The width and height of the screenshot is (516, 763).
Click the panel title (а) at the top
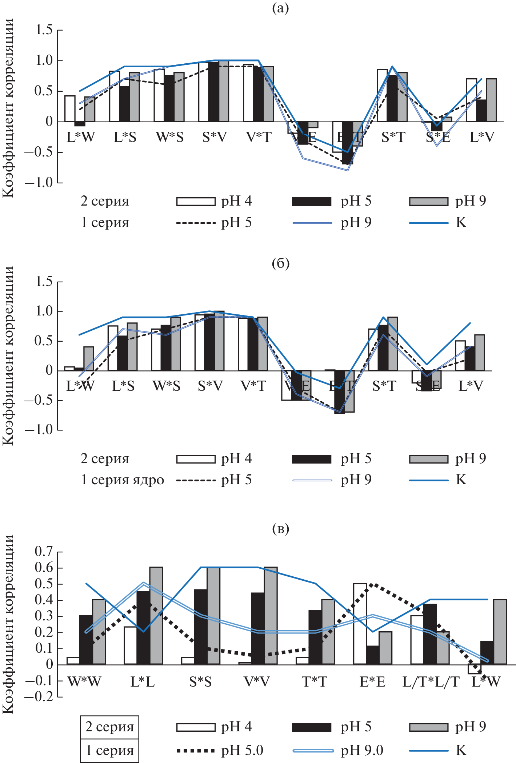coord(280,8)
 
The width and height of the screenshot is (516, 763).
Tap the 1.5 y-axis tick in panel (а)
coord(44,30)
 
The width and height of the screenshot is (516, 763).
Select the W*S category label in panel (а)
coord(170,137)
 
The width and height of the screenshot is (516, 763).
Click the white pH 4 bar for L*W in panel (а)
coord(70,108)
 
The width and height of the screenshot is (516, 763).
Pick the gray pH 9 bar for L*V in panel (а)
coord(491,100)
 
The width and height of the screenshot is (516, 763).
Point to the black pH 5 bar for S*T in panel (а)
coord(392,98)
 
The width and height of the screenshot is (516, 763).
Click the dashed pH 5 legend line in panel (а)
coord(196,223)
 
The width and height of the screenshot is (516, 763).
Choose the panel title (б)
coord(280,263)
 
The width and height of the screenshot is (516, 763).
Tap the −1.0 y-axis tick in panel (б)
coord(39,430)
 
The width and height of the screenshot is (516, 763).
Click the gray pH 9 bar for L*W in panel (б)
coord(89,359)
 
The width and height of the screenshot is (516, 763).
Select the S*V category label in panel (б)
coord(210,386)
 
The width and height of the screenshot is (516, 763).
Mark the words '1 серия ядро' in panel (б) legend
coord(122,480)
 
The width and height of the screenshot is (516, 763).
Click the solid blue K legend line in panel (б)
coord(429,480)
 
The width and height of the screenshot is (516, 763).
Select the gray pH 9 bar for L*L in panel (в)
coord(156,616)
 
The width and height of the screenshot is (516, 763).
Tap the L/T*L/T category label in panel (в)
coord(431,681)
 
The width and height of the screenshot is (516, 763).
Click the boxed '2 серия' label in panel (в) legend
coord(109,727)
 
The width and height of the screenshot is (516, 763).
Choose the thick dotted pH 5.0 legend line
coord(196,750)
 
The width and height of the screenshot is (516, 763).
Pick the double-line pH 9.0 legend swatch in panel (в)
coord(313,750)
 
